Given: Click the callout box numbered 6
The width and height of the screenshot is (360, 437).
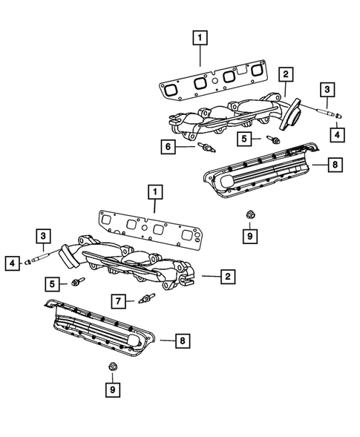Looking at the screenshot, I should pos(169,148).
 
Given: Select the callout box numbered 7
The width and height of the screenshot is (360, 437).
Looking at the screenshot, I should pos(117,300).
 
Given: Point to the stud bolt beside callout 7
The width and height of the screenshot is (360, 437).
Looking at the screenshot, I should pos(145,300).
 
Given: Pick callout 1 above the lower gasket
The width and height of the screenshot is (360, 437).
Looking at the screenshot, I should pos(154,192).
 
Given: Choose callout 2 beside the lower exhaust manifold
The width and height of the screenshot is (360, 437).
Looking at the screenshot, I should pos(228,277).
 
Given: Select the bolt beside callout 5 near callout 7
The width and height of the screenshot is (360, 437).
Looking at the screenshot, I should pos(78,282).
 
